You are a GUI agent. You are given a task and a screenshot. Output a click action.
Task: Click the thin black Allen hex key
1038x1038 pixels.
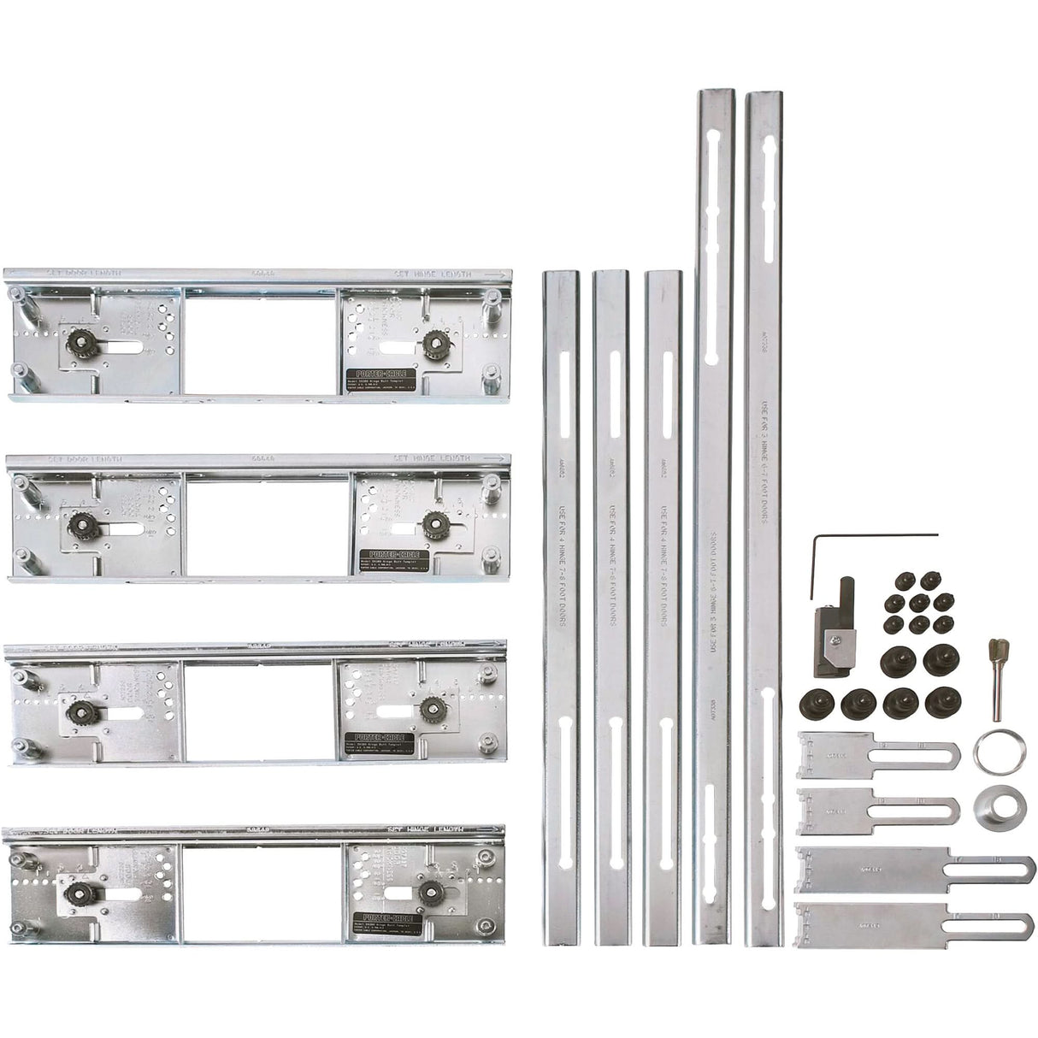872,536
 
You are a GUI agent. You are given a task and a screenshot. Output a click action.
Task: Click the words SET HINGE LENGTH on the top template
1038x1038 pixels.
433,274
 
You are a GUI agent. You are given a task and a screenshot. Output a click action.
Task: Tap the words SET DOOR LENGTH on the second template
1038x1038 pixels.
85,459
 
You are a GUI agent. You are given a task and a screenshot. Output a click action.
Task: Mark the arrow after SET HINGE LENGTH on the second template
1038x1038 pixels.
498,459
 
